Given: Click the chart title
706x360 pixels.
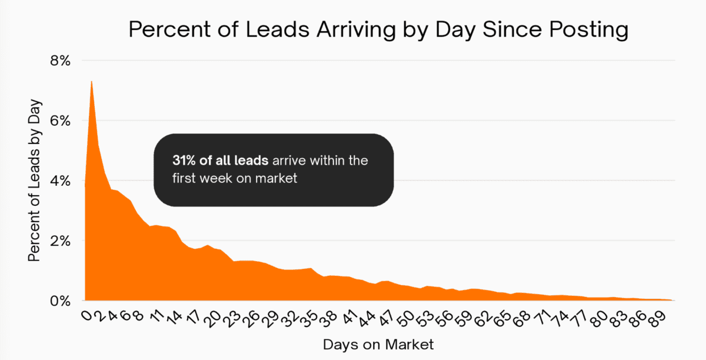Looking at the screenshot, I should point(378,30).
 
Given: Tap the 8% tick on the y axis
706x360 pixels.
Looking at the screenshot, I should point(59,61).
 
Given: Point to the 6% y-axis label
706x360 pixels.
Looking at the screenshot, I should point(59,121).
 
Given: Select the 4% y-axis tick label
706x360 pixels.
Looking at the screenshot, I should point(59,181).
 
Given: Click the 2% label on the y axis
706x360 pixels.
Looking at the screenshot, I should point(59,241).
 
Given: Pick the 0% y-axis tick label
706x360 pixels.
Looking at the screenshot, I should point(59,300).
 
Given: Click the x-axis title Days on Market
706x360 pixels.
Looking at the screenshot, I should point(378,344).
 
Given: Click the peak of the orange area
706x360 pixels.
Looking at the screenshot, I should point(92,81).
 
